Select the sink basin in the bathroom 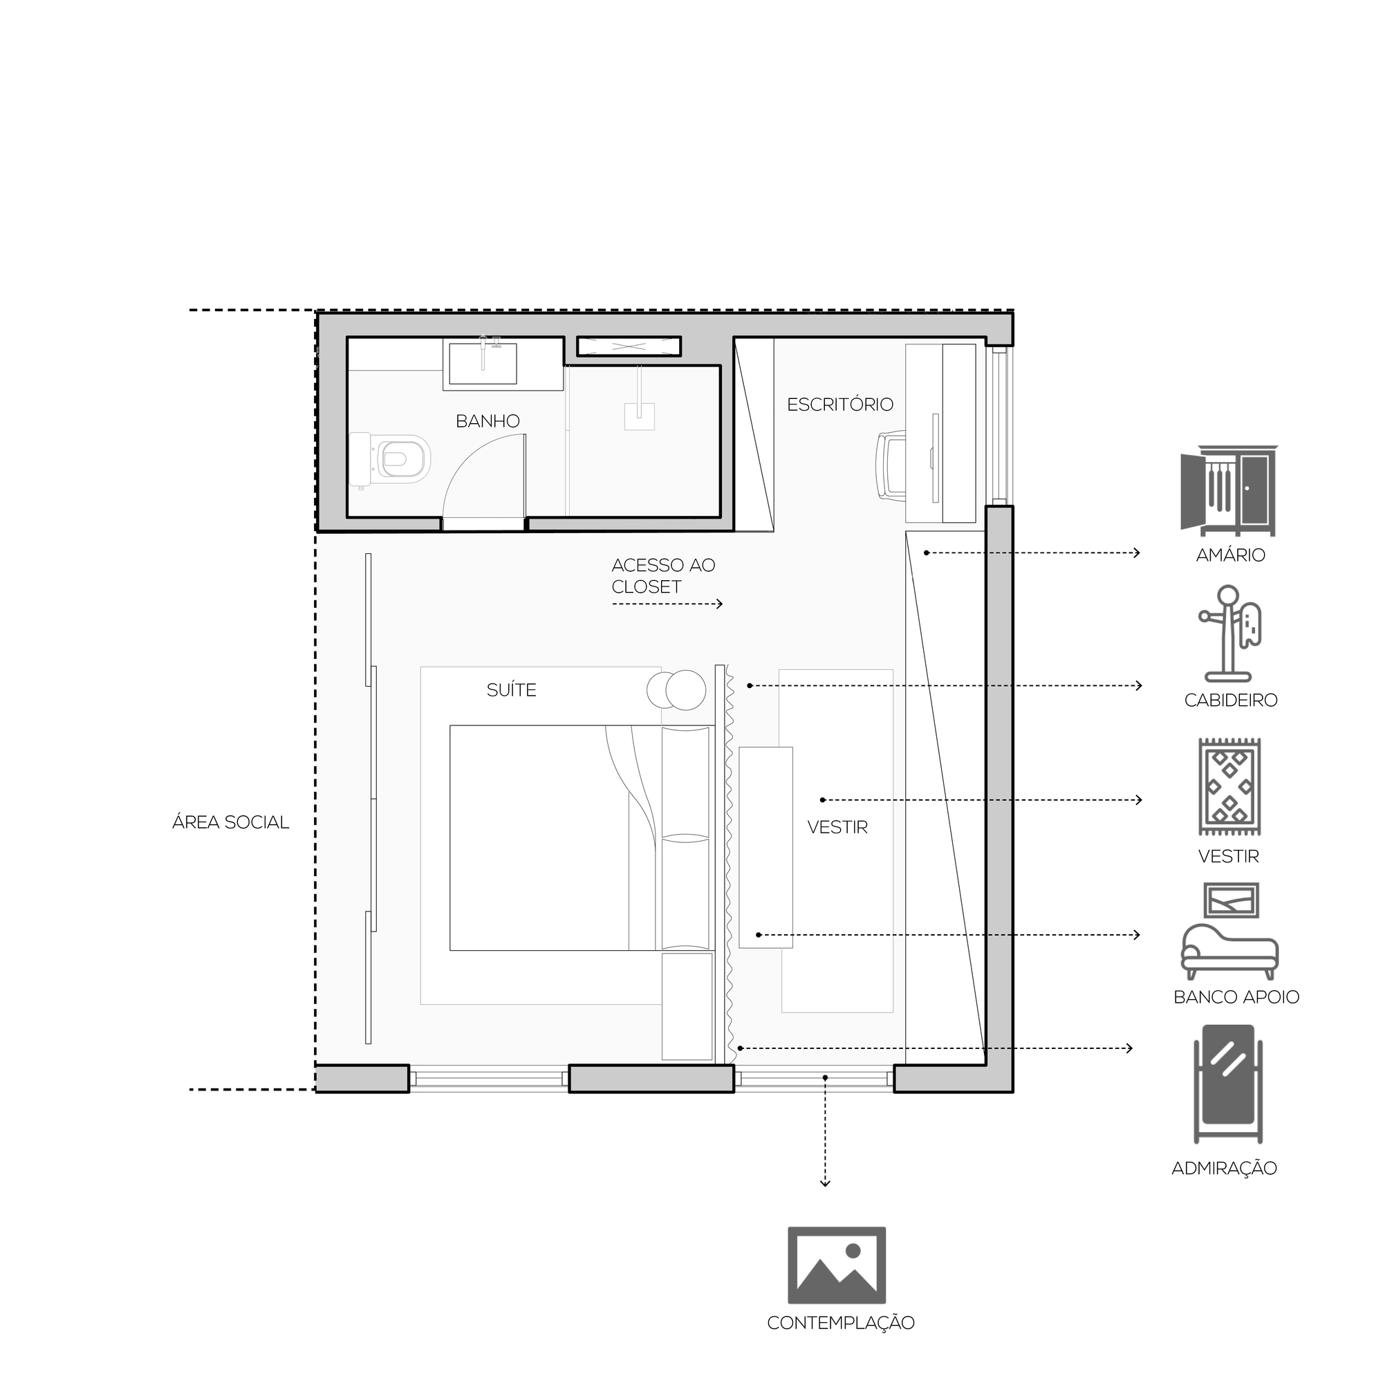[483, 364]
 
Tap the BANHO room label [488, 421]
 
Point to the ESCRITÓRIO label [840, 405]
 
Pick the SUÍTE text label [511, 690]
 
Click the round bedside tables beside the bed [676, 690]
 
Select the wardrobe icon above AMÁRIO [1229, 491]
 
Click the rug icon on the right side [1229, 788]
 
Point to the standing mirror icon [1228, 1085]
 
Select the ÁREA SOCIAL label [230, 822]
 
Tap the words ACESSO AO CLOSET [664, 575]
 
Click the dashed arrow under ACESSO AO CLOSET [667, 604]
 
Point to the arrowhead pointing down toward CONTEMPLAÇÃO [826, 1184]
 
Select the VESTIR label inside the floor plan [837, 828]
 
